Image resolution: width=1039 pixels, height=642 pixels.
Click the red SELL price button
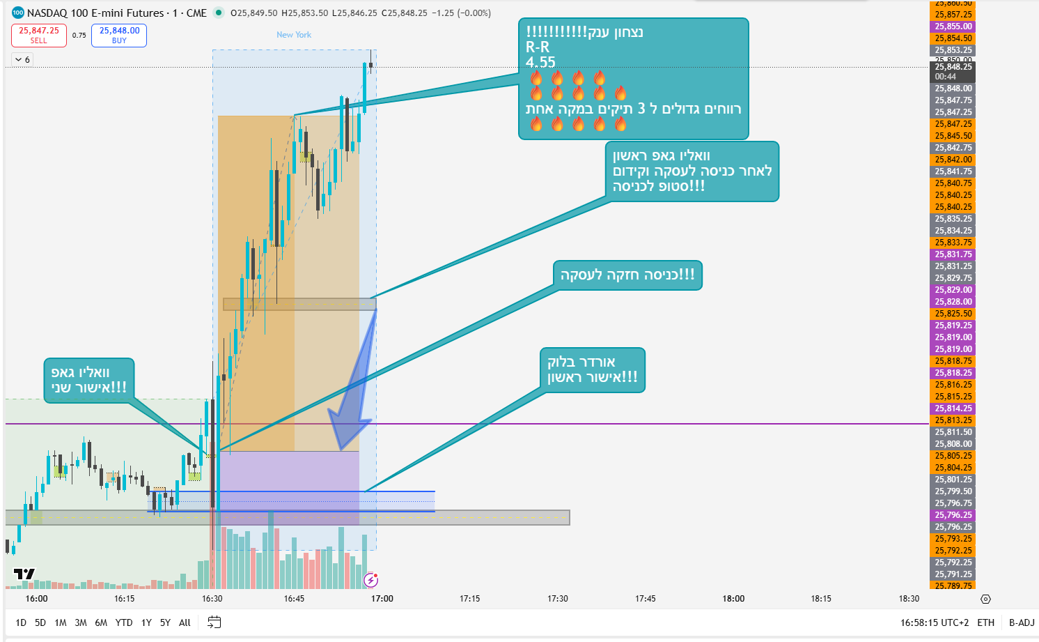[39, 36]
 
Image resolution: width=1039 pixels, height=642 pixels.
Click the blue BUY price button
[119, 36]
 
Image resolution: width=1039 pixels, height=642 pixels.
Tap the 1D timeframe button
[21, 622]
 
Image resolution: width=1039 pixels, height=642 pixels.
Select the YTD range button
[124, 622]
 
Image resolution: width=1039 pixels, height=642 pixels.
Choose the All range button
[185, 622]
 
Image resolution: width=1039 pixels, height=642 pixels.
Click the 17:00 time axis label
[382, 599]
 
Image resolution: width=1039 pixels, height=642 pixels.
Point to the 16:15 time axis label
[125, 599]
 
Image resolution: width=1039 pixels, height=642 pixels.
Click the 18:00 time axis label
[733, 599]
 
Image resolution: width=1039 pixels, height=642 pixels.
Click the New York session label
[294, 35]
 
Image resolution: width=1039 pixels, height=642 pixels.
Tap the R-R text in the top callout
[538, 47]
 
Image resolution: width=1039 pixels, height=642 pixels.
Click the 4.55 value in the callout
[540, 62]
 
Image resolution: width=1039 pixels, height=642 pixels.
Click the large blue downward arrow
[352, 404]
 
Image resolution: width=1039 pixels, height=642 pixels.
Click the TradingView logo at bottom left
[24, 574]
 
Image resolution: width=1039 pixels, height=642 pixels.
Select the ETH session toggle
[985, 622]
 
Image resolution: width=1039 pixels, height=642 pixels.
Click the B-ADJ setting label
[1022, 622]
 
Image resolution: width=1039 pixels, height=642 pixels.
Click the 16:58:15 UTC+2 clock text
[934, 622]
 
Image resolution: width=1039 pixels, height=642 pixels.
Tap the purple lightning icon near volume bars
[371, 580]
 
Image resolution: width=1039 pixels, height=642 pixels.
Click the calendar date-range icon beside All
[214, 622]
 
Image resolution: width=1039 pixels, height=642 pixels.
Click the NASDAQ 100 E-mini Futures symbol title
[95, 13]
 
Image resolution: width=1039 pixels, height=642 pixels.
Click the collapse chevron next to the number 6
[19, 60]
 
